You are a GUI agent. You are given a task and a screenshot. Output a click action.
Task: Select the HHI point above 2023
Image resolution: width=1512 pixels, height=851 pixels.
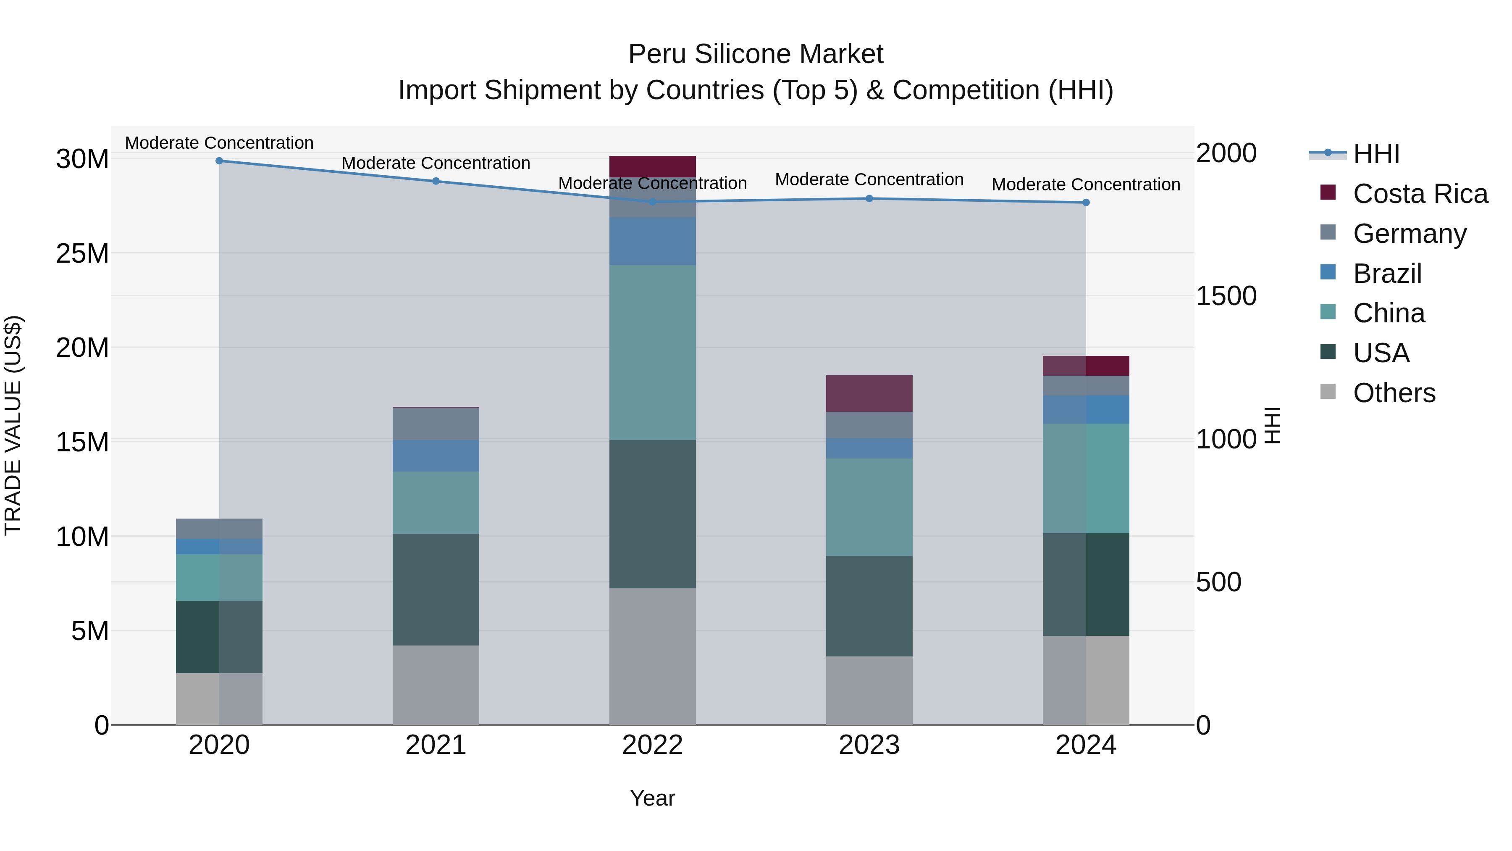(869, 198)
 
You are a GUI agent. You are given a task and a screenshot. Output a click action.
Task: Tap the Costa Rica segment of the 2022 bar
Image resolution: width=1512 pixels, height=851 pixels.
(652, 166)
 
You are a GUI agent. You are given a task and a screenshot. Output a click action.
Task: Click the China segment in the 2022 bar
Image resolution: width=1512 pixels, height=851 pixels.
(652, 353)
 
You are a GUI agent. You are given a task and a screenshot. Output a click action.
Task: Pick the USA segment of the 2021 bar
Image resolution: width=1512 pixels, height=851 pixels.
(436, 589)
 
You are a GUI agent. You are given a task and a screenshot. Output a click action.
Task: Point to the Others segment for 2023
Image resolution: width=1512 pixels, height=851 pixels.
(869, 690)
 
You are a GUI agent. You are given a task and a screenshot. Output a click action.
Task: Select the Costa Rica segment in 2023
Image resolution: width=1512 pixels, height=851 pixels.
(869, 393)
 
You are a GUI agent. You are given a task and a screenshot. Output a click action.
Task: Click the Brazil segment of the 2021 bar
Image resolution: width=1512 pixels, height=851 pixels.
(436, 456)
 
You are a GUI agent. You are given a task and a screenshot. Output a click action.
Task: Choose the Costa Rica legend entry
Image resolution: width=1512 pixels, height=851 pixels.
(1420, 194)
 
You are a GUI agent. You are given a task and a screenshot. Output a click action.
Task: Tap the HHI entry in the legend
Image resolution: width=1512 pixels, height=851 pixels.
(1376, 154)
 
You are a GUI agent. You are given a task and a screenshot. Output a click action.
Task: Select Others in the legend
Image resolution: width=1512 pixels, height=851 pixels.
(1394, 393)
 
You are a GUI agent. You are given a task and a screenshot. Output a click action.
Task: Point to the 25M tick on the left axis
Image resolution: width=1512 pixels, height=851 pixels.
(82, 254)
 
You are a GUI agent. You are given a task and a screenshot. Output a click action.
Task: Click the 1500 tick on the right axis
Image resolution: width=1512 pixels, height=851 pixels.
(1226, 296)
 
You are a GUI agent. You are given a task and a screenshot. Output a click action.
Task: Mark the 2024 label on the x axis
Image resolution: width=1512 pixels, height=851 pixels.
(1085, 745)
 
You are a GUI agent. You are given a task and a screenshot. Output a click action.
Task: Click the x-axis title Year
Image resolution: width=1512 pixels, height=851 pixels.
(652, 798)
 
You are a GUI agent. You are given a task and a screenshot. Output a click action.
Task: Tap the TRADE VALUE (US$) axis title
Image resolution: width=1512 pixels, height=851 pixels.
(13, 425)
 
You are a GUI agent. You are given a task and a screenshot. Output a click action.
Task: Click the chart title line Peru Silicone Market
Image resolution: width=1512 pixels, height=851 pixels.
(756, 54)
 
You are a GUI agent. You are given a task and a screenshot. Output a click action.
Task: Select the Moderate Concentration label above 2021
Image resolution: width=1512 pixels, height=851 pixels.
(436, 163)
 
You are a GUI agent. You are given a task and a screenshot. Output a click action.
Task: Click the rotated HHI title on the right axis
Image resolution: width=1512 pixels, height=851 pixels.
(1271, 425)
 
